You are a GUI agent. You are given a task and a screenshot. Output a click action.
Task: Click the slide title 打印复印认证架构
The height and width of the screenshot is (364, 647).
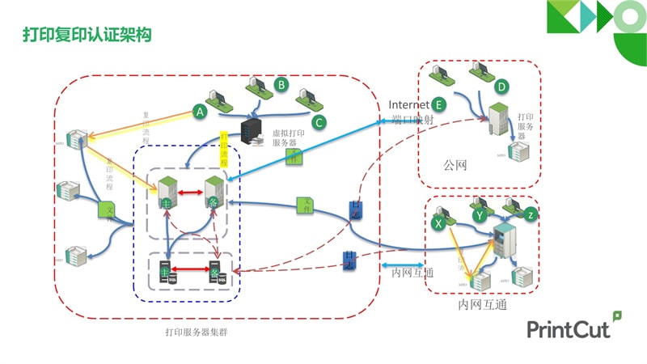(x=87, y=36)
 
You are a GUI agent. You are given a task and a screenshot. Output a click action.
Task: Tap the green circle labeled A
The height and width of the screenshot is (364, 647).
(x=200, y=112)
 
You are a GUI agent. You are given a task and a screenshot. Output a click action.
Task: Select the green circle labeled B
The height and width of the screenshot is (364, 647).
(x=281, y=83)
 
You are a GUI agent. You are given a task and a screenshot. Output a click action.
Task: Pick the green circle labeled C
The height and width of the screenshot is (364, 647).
(x=319, y=122)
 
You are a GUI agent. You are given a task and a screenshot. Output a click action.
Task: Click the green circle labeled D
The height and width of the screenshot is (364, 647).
(x=501, y=87)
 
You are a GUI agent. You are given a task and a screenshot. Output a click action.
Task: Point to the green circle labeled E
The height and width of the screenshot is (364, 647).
(x=438, y=104)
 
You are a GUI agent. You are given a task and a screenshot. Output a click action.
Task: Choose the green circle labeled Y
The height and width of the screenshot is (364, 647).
(x=480, y=215)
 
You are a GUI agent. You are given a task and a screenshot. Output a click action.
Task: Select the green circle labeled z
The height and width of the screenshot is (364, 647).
(x=530, y=214)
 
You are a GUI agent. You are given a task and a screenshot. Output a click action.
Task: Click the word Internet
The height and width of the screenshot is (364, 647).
(x=408, y=104)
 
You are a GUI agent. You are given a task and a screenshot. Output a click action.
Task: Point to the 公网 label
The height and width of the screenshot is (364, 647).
(x=455, y=165)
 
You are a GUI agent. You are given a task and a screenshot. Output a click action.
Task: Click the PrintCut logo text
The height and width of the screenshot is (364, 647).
(x=569, y=328)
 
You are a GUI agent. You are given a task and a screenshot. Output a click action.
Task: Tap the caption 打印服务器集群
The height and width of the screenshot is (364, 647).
(x=196, y=332)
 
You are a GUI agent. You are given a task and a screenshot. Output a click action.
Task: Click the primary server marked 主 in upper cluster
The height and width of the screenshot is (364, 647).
(x=167, y=193)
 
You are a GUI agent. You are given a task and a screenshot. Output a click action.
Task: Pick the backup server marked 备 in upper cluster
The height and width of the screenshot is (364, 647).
(x=214, y=193)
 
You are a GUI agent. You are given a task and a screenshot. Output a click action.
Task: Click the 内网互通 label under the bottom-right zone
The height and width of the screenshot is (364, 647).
(x=483, y=304)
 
